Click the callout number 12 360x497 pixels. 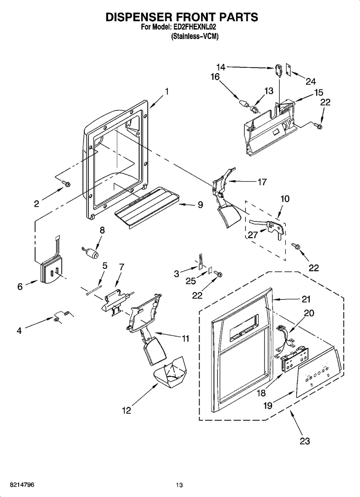(126, 411)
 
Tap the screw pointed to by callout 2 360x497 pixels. (66, 183)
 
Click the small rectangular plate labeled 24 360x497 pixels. (288, 69)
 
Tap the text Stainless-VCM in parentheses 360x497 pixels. (194, 37)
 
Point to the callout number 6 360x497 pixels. (20, 287)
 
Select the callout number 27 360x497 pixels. (253, 235)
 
